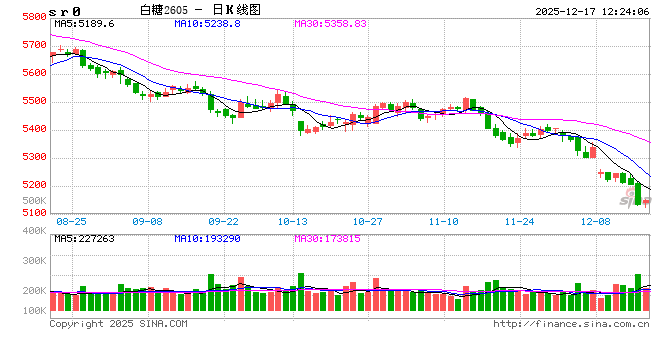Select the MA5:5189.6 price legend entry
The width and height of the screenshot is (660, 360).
pos(84,23)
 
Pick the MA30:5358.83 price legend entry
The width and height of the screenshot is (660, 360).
pos(332,23)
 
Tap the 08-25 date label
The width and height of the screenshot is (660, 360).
pos(71,220)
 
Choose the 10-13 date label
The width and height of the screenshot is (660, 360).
pos(293,220)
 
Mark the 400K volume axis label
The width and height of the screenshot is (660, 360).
pos(34,231)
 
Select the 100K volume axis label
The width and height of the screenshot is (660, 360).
pos(34,311)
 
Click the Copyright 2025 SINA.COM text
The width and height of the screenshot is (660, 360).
pos(118,324)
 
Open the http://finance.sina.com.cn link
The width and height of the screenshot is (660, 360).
pos(571,324)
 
